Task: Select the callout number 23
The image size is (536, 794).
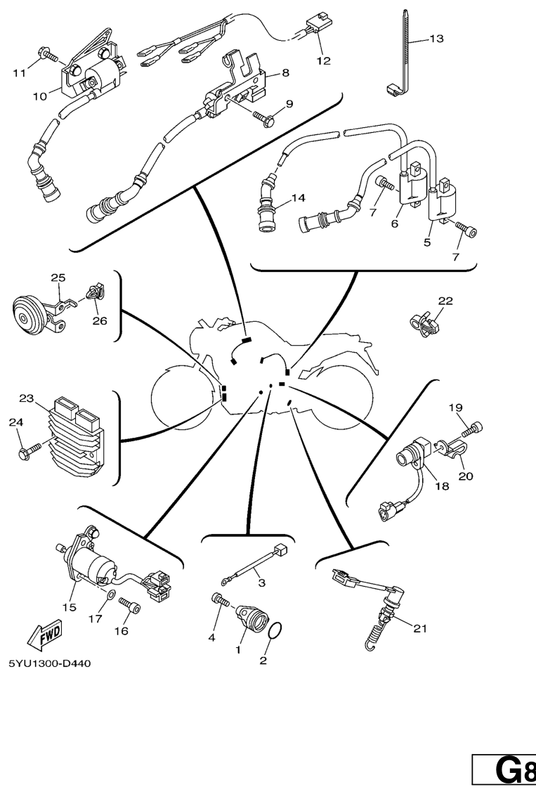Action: click(27, 398)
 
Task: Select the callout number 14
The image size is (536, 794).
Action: click(299, 198)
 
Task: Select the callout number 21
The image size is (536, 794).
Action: click(419, 629)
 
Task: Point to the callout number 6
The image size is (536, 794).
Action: click(394, 223)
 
